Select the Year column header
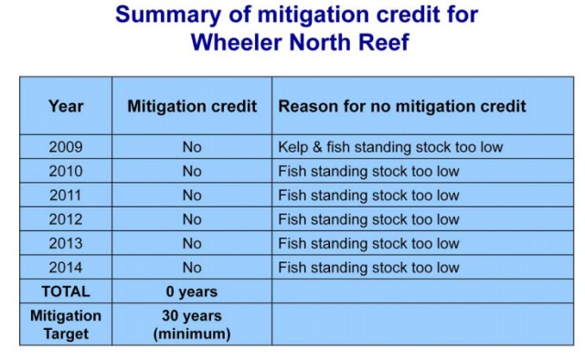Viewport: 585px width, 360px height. [66, 106]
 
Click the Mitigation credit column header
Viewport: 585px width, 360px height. [191, 106]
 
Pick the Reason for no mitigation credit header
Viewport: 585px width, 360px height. [402, 106]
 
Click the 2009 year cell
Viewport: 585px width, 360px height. [66, 147]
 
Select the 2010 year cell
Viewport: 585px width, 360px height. [66, 171]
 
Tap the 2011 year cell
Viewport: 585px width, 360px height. [66, 196]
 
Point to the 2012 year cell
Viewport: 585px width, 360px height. [66, 219]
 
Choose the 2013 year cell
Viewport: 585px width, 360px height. [66, 244]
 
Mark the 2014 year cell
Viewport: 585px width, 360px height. [66, 268]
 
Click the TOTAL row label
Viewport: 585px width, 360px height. [66, 292]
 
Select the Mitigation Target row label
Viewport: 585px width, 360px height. [66, 324]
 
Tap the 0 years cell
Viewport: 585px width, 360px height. [191, 292]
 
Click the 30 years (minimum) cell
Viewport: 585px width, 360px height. [191, 324]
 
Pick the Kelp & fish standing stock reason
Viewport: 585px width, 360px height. [390, 147]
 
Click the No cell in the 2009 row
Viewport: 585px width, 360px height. [191, 147]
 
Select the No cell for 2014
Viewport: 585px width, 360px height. [191, 268]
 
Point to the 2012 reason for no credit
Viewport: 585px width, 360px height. [368, 219]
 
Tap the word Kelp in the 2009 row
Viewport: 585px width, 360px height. [293, 147]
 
